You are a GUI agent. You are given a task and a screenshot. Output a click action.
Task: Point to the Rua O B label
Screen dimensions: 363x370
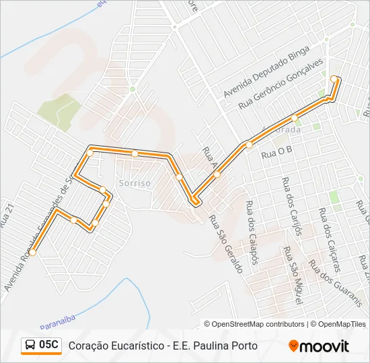coord(278,153)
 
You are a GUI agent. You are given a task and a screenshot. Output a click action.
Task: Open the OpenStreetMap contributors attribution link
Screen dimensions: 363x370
coord(258,324)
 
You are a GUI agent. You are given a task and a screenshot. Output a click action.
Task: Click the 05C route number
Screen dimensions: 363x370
coord(49,346)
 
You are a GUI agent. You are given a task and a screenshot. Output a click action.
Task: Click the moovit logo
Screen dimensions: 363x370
coord(319,346)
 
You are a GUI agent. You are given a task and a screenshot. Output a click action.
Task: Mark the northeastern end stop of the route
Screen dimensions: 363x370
coord(334,79)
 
